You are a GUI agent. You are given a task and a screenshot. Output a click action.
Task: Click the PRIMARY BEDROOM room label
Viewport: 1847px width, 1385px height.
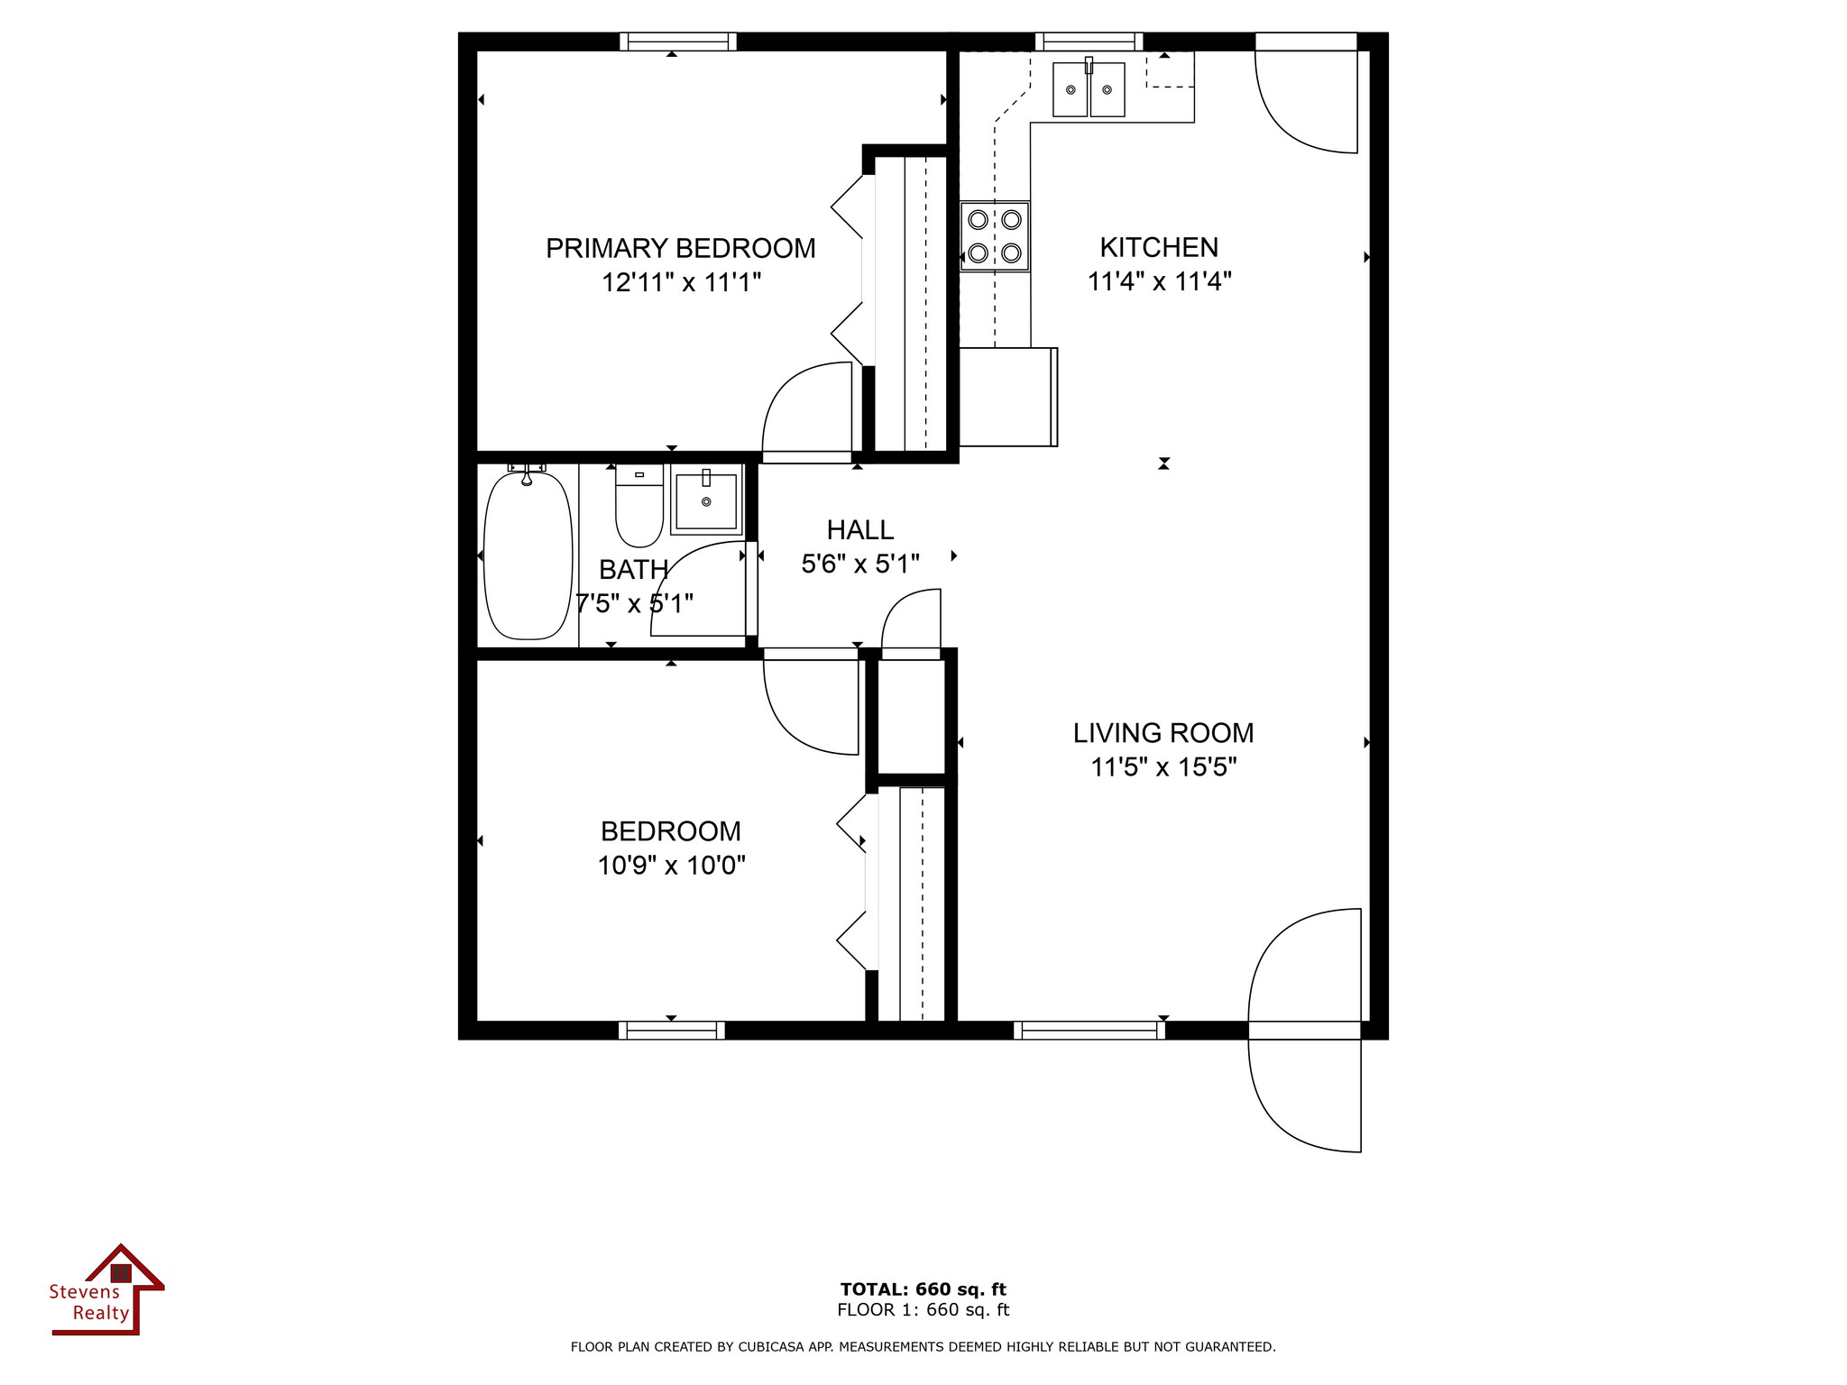click(681, 248)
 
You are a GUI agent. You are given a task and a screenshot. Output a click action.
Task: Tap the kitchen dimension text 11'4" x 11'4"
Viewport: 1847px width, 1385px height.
click(1159, 282)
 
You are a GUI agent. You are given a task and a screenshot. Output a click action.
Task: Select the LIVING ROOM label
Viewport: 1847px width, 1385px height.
click(1163, 733)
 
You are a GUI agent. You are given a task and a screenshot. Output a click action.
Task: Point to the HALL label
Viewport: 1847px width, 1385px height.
click(860, 530)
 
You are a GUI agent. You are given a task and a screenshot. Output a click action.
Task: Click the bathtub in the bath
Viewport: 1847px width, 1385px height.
click(528, 556)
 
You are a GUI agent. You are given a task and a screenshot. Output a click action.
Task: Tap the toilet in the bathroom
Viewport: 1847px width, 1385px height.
click(639, 507)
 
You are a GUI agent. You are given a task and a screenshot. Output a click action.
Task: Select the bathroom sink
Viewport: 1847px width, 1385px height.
click(706, 500)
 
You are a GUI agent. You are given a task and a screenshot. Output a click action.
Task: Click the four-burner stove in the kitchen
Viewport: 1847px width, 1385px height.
click(995, 236)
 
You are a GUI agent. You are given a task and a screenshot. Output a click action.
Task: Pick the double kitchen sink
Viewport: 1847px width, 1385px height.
click(1089, 89)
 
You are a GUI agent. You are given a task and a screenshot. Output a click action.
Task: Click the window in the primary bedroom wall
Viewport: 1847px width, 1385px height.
click(678, 41)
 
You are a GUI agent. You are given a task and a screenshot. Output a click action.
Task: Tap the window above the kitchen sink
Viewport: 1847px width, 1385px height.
click(1089, 41)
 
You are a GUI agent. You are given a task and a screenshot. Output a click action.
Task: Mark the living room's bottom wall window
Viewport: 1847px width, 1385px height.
click(1089, 1030)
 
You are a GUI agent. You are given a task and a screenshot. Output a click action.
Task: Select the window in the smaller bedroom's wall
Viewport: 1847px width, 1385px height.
click(672, 1030)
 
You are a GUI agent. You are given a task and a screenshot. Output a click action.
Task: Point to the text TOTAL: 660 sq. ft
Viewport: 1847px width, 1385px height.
click(923, 1289)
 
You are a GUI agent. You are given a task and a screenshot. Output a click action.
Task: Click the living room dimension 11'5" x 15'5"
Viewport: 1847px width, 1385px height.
click(1163, 767)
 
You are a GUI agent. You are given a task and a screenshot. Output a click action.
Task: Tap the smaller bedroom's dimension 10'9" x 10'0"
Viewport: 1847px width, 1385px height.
click(672, 866)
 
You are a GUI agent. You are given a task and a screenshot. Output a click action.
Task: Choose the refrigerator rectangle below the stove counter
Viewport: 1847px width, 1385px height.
click(1008, 397)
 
